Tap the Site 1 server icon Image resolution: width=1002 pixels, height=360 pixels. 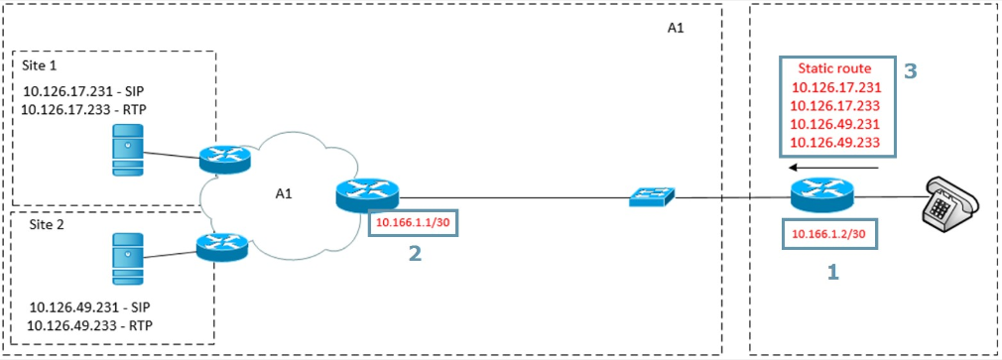128,150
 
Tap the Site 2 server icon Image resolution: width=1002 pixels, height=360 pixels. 128,258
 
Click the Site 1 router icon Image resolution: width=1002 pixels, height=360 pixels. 225,158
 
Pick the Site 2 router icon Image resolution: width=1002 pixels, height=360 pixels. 222,246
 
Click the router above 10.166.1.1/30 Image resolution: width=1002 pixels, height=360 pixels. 366,195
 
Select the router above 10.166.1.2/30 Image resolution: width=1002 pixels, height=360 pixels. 821,194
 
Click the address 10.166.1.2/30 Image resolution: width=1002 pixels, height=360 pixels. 828,234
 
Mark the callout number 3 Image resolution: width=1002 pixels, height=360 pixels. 910,70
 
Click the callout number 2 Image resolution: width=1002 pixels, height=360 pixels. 416,254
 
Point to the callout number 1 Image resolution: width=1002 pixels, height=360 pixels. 832,273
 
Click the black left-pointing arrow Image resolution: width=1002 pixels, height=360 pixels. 835,168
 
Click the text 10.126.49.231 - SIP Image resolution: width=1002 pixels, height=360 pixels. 90,307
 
